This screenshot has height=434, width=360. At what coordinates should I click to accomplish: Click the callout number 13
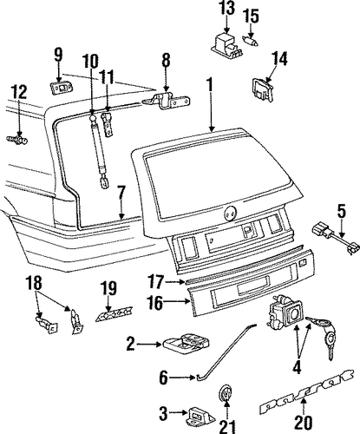tap(227, 9)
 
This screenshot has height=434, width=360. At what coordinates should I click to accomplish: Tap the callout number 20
tap(304, 423)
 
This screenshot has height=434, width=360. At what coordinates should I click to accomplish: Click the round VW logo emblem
tap(226, 395)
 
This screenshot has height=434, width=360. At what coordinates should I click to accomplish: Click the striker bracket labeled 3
tap(202, 416)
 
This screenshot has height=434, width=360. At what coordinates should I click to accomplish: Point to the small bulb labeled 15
tap(251, 42)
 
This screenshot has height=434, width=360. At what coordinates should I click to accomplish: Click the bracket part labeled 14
tap(263, 89)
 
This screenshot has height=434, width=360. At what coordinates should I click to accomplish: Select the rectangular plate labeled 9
tap(61, 87)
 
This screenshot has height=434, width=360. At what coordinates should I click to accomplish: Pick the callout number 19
tap(108, 288)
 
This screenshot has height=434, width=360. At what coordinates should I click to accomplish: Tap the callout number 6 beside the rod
tap(164, 378)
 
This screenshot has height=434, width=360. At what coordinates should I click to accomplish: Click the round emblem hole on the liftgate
tap(230, 214)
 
